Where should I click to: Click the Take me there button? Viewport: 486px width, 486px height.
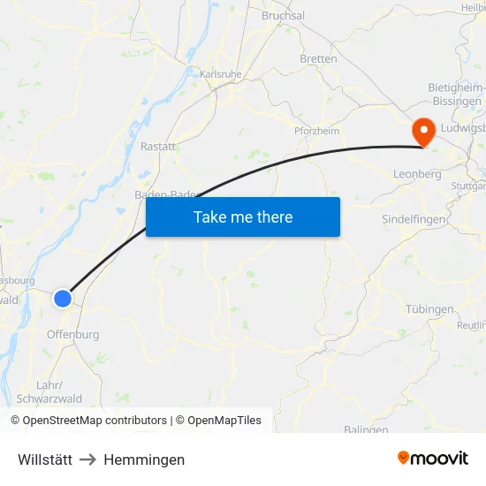click(243, 216)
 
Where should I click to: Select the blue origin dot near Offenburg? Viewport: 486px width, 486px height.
click(63, 299)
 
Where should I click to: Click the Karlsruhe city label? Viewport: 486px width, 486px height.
click(221, 75)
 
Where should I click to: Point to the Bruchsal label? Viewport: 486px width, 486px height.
click(283, 16)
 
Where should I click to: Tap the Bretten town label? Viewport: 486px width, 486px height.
click(319, 59)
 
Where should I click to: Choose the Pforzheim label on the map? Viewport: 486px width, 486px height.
click(316, 131)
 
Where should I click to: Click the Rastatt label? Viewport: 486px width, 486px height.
click(159, 147)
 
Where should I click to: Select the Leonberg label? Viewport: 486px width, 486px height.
click(417, 175)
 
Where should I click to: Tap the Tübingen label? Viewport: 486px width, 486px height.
click(430, 309)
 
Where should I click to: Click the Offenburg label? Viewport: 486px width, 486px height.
click(72, 335)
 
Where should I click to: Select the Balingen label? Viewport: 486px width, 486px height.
click(366, 430)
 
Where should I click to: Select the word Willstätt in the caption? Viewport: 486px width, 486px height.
click(45, 459)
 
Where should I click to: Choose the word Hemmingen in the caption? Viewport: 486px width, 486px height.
click(144, 459)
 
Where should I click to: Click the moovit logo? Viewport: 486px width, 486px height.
click(433, 459)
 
